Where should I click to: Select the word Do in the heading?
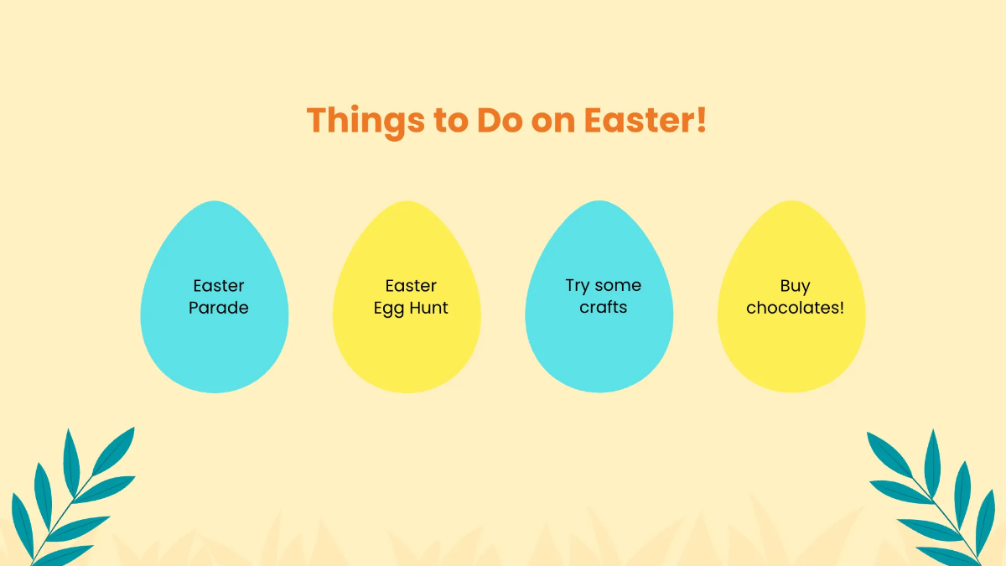point(500,121)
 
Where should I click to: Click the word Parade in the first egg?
point(219,308)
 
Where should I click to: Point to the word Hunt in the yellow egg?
point(429,308)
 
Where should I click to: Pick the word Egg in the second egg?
point(390,309)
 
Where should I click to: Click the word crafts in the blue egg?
point(604,307)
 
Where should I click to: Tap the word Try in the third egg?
point(578,286)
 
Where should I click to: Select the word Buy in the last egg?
point(795,286)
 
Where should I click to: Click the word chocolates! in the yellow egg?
point(795,308)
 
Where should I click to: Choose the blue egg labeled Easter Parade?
point(215,352)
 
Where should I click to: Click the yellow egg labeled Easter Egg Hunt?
point(407,352)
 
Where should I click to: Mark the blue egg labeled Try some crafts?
point(599,352)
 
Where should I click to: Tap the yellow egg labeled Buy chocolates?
point(791,352)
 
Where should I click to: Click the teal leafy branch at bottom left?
point(71,495)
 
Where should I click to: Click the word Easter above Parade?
point(219,286)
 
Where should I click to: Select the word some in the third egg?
point(618,286)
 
